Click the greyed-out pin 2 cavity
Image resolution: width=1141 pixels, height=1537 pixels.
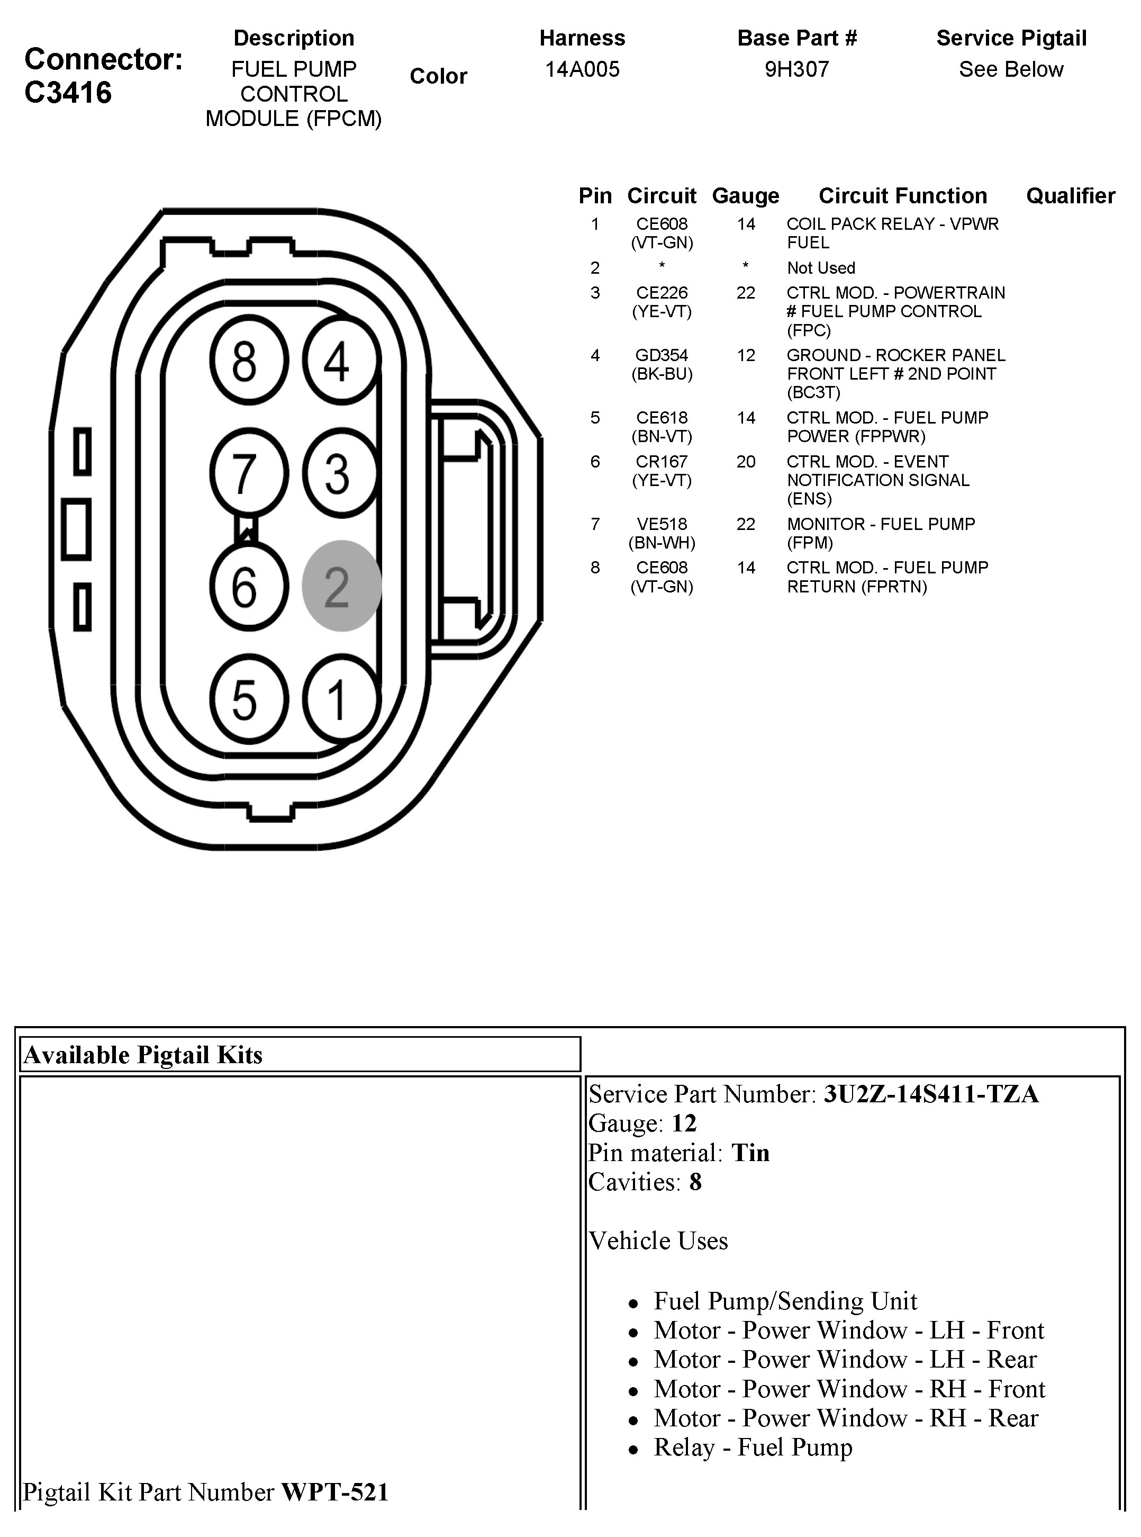pyautogui.click(x=341, y=586)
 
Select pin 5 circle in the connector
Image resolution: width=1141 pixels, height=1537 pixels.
pyautogui.click(x=249, y=699)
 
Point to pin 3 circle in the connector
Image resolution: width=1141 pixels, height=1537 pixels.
pyautogui.click(x=340, y=473)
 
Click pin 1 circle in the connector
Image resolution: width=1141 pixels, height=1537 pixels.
pyautogui.click(x=340, y=699)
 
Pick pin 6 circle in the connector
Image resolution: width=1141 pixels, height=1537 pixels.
pyautogui.click(x=249, y=586)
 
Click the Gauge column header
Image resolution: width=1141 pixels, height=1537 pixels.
pyautogui.click(x=745, y=196)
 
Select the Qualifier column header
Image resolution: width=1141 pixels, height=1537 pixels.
pyautogui.click(x=1070, y=196)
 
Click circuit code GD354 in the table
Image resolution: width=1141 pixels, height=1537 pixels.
pyautogui.click(x=662, y=355)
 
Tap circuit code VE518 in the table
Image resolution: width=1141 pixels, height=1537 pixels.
pyautogui.click(x=662, y=524)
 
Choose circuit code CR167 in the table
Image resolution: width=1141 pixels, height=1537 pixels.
pyautogui.click(x=662, y=462)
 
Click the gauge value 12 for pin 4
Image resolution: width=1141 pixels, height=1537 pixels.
pyautogui.click(x=746, y=355)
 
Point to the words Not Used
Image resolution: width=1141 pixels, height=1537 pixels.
pyautogui.click(x=820, y=268)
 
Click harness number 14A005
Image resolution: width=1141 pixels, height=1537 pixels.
pyautogui.click(x=582, y=69)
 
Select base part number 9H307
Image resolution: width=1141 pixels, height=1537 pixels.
pyautogui.click(x=796, y=69)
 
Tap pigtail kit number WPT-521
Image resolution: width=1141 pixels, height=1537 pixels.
pyautogui.click(x=335, y=1492)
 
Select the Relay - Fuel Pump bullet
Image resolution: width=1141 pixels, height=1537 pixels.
pyautogui.click(x=753, y=1447)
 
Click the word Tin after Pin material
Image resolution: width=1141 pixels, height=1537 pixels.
pyautogui.click(x=750, y=1153)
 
